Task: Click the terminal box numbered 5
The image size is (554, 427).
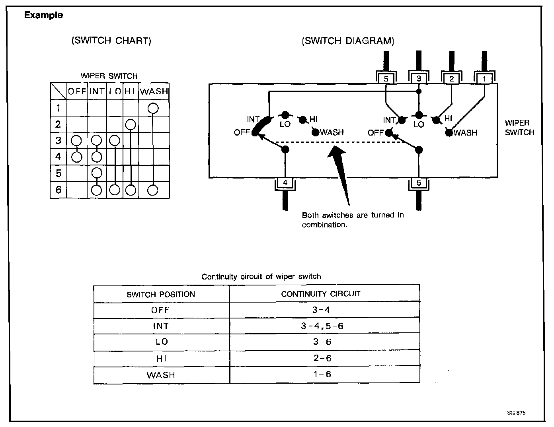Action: [386, 79]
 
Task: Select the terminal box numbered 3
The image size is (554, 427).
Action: [419, 79]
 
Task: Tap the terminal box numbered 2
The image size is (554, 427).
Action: [451, 79]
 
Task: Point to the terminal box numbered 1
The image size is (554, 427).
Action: [484, 79]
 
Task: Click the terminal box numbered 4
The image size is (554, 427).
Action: [285, 183]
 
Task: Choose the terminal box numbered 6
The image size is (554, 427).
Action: [419, 183]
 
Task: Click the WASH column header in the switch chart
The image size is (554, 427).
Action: [154, 91]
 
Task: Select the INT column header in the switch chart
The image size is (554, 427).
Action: [97, 91]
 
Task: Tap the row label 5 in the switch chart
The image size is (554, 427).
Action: [59, 173]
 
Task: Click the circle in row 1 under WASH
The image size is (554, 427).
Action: [153, 108]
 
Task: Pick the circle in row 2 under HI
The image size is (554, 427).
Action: [130, 125]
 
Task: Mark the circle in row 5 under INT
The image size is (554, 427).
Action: [97, 173]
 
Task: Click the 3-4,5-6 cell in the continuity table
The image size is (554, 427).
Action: [322, 326]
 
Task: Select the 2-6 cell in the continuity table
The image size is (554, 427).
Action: [322, 358]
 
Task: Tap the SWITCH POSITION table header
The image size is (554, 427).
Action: [161, 295]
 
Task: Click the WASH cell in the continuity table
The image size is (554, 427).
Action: [161, 375]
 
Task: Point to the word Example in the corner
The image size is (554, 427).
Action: [43, 16]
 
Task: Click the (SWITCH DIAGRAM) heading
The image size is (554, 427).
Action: [348, 41]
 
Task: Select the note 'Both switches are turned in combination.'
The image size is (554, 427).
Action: [353, 220]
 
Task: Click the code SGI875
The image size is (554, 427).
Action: [517, 413]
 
